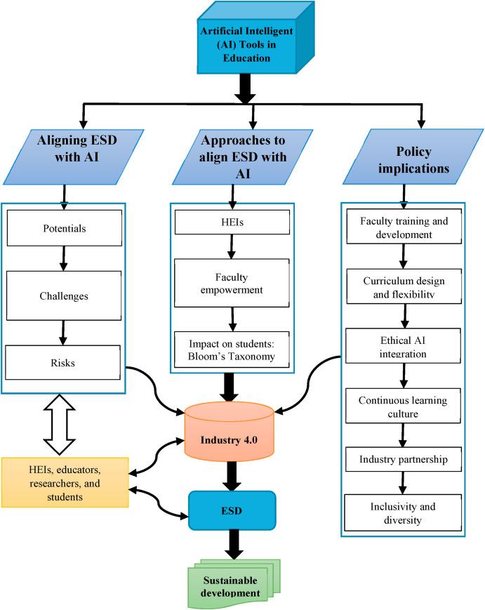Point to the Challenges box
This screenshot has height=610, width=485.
(x=64, y=296)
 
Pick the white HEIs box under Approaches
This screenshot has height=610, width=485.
(x=232, y=223)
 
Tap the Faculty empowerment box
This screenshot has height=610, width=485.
(x=232, y=282)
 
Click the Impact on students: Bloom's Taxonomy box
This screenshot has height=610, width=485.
(x=232, y=350)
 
